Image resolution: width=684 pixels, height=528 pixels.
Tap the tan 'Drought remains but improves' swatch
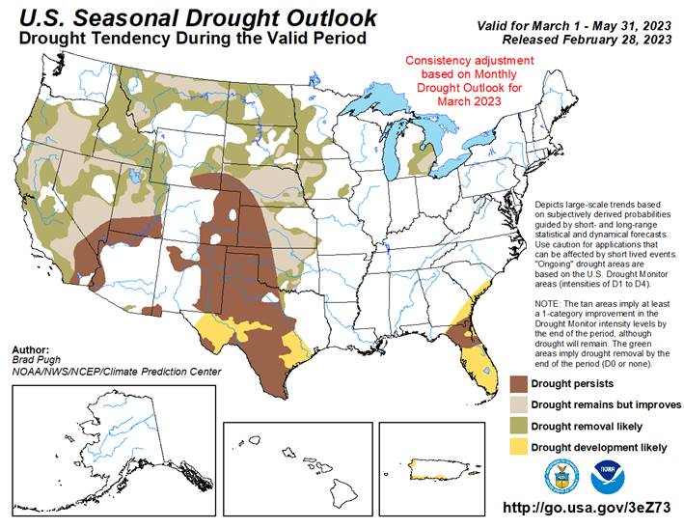520,404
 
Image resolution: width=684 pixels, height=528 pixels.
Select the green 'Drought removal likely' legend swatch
520,426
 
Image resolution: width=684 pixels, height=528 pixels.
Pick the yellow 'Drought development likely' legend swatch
520,447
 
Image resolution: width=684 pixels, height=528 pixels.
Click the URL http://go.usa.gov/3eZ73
588,508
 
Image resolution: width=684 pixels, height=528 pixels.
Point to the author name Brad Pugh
36,360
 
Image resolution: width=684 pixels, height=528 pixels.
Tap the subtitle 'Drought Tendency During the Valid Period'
187,39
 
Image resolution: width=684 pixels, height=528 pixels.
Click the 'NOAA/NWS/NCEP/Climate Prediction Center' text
117,372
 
